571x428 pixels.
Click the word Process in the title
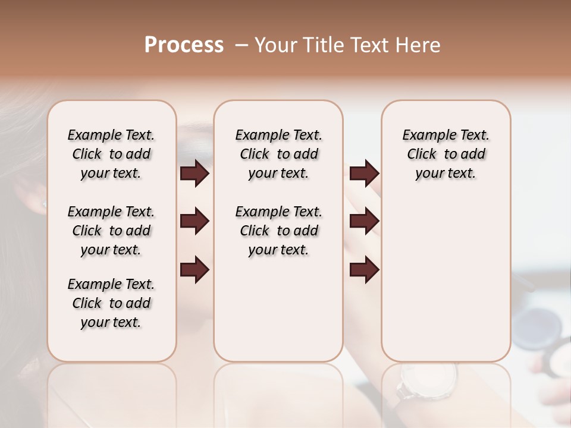tap(184, 45)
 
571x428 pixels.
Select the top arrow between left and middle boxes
tap(194, 174)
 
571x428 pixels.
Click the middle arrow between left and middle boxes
tap(194, 222)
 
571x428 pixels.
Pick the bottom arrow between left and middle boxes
tap(194, 269)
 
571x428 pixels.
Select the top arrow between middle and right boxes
tap(364, 174)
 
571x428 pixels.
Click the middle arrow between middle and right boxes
tap(364, 222)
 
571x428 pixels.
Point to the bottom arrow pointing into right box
tap(364, 269)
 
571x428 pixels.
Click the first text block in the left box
tap(111, 154)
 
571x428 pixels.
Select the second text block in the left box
tap(111, 231)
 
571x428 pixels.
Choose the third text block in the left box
tap(111, 303)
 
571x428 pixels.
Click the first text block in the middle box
tap(278, 154)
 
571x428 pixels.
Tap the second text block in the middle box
tap(278, 231)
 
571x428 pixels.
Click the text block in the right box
tap(446, 154)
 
